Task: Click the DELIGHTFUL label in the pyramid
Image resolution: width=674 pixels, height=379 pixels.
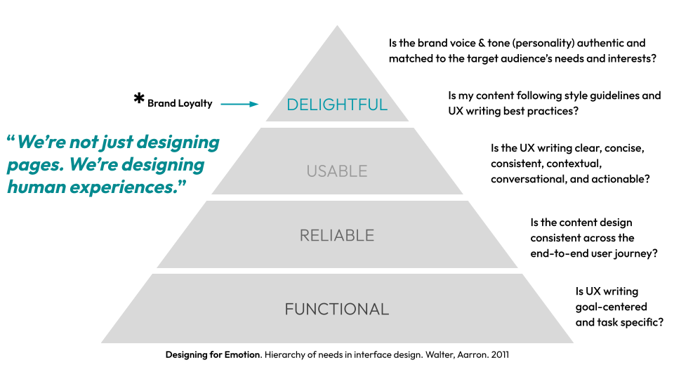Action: pos(337,105)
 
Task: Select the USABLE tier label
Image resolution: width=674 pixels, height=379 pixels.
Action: pos(337,171)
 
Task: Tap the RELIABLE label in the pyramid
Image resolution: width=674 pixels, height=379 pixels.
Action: pos(337,236)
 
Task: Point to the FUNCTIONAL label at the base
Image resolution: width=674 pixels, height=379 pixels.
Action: pos(337,309)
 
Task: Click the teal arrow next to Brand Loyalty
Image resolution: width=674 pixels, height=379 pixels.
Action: pos(239,104)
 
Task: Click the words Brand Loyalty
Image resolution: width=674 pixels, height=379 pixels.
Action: pos(180,104)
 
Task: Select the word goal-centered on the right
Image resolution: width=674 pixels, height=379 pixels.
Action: pos(611,307)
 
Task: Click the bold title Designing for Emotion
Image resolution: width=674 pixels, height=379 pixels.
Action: pos(211,354)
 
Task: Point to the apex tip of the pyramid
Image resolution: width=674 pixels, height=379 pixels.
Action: pos(337,27)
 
